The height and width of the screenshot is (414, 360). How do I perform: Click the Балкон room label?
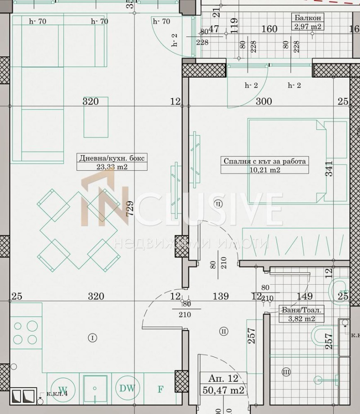[308, 18]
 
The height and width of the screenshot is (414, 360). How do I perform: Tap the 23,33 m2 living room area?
[106, 166]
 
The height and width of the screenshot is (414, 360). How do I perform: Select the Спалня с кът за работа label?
[265, 162]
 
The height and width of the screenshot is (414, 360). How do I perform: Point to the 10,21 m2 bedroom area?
[265, 170]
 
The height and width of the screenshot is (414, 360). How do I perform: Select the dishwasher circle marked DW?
[126, 388]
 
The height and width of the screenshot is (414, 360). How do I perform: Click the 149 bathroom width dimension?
[305, 296]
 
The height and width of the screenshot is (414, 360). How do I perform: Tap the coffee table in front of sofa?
[96, 117]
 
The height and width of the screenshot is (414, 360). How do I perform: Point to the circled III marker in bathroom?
[286, 372]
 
